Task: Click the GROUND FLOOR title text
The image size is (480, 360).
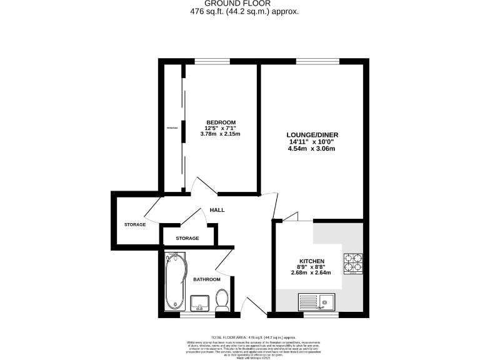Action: point(240,3)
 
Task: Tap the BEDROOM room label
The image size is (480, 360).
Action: point(221,122)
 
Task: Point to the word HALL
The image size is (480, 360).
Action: point(217,209)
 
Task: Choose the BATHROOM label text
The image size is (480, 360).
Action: point(206,279)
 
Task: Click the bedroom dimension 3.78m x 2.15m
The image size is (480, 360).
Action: point(220,134)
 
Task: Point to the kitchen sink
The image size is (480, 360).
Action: point(317,302)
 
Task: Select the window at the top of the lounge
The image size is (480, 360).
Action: point(317,61)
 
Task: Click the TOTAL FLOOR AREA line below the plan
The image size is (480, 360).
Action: point(252,337)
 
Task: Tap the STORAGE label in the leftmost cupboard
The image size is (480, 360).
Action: point(134,224)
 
